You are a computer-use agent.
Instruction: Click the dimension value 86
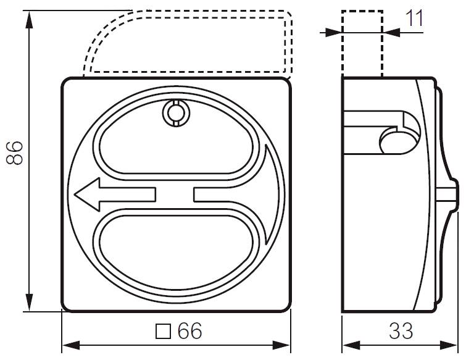coord(15,153)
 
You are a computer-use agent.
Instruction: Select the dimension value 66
coord(189,332)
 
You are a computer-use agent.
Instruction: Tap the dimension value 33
coord(401,332)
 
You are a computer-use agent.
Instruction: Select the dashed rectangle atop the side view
coord(362,43)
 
